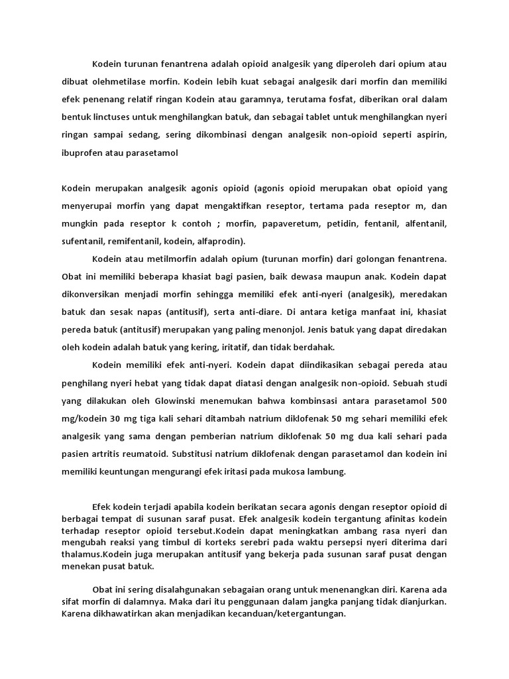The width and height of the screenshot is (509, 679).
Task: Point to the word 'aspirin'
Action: tap(430, 135)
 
